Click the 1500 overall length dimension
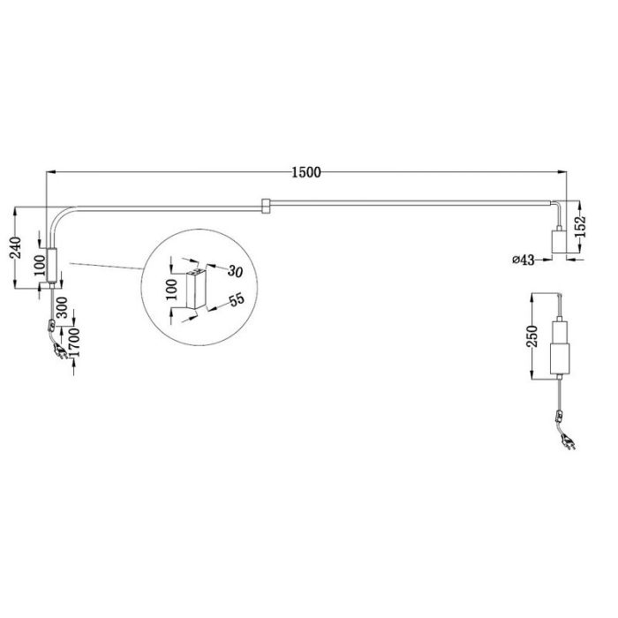pos(306,172)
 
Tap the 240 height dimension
pos(16,247)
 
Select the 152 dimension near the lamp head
pos(580,227)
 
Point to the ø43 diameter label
pos(524,260)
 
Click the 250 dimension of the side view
pos(532,336)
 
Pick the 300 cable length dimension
pos(62,307)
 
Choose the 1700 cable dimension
pos(73,343)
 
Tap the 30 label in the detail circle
pos(235,272)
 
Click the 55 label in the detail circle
pos(237,300)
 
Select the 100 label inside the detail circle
pos(172,290)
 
